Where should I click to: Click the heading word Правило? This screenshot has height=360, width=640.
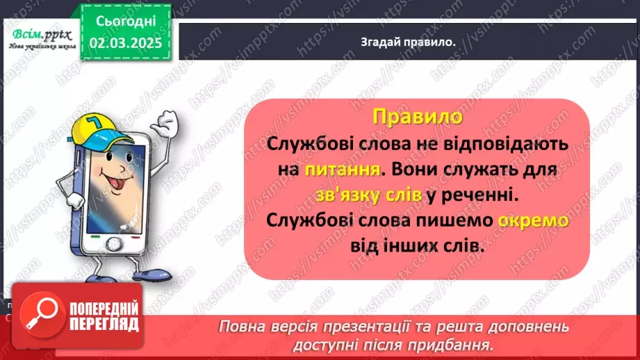click(417, 116)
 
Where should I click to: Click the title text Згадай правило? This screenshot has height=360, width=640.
click(408, 42)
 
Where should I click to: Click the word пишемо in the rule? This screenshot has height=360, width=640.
click(454, 222)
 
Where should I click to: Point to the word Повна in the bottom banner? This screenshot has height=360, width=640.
click(241, 327)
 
